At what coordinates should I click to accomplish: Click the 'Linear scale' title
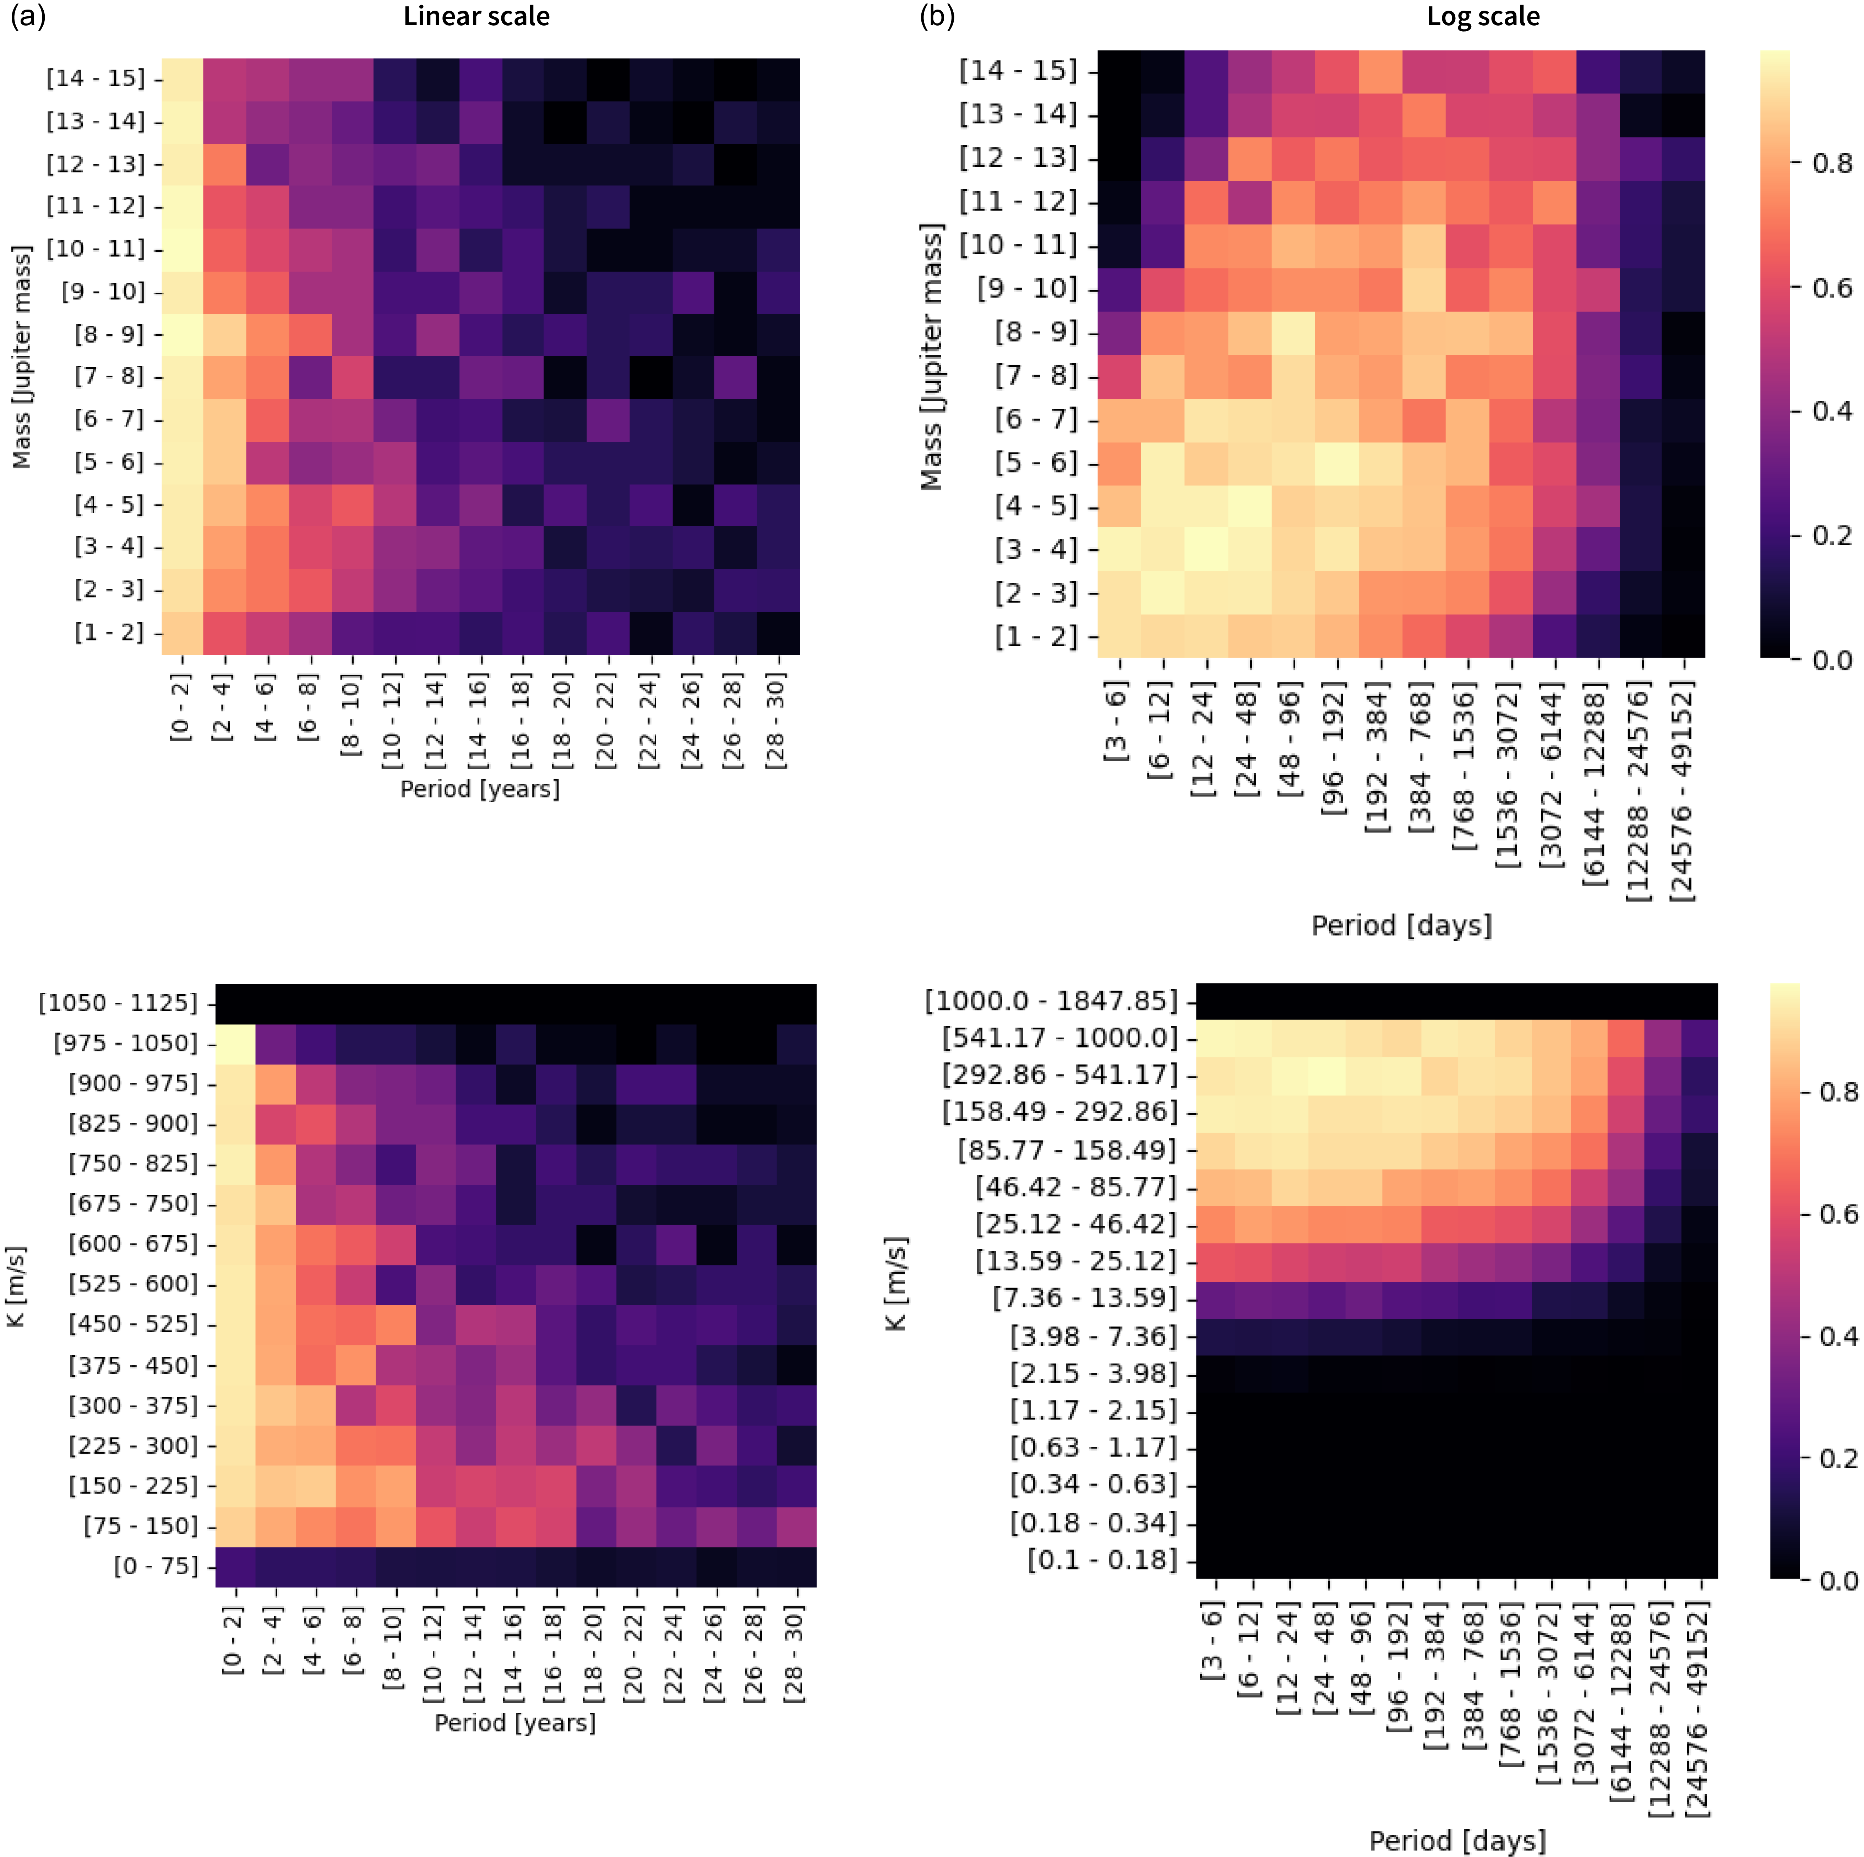click(x=476, y=16)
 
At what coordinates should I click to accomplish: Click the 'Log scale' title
click(x=1483, y=16)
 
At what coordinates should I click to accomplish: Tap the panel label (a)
click(x=28, y=16)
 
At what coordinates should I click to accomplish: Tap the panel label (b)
click(x=937, y=16)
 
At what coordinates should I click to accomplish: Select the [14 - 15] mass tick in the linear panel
click(x=96, y=78)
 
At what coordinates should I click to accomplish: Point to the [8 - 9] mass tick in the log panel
click(x=1035, y=332)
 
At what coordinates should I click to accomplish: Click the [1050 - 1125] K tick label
click(x=118, y=1003)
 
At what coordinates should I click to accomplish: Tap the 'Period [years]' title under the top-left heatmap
click(x=480, y=789)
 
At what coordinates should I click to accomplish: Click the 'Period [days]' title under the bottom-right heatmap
click(x=1457, y=1841)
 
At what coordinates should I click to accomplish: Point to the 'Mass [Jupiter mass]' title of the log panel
click(x=931, y=357)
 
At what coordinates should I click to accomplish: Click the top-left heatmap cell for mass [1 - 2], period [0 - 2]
click(x=182, y=633)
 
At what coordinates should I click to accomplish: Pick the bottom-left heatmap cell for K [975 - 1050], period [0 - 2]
click(x=235, y=1044)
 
